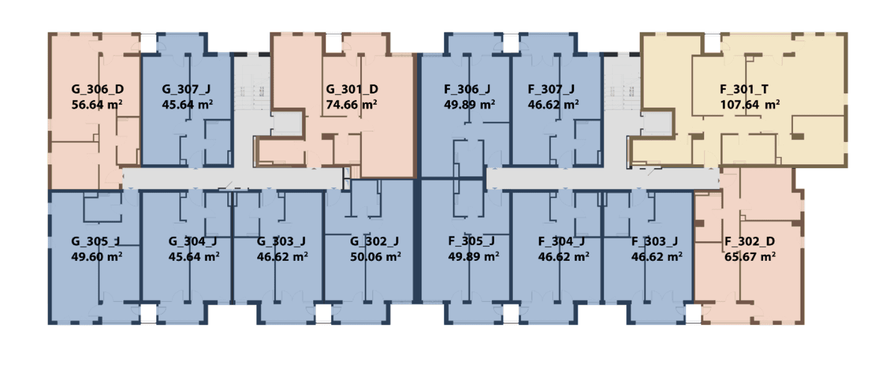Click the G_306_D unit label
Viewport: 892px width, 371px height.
(x=98, y=89)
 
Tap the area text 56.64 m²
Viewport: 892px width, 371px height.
(x=96, y=105)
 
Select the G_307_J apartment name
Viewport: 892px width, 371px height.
(x=186, y=89)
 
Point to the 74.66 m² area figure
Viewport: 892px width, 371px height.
(x=352, y=105)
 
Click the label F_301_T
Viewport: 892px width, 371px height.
(x=744, y=89)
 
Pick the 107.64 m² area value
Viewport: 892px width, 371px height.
(x=750, y=105)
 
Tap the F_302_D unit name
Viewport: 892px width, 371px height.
(x=750, y=242)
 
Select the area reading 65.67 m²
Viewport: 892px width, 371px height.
(x=750, y=256)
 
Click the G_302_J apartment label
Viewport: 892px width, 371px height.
(x=374, y=242)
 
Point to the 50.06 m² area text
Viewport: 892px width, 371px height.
(x=375, y=256)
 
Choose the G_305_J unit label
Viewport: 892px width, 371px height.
(x=96, y=242)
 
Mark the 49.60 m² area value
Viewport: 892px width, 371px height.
(x=96, y=256)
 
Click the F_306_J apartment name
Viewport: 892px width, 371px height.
(x=467, y=89)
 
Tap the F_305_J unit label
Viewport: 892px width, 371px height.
(x=472, y=241)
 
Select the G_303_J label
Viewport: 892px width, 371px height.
(x=281, y=242)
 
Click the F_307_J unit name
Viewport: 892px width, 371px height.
(x=552, y=89)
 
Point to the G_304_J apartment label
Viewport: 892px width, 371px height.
(x=193, y=242)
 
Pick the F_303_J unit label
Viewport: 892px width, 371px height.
(x=655, y=242)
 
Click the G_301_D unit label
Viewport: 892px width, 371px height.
(x=352, y=89)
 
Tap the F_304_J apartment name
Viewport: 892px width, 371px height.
(x=561, y=242)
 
